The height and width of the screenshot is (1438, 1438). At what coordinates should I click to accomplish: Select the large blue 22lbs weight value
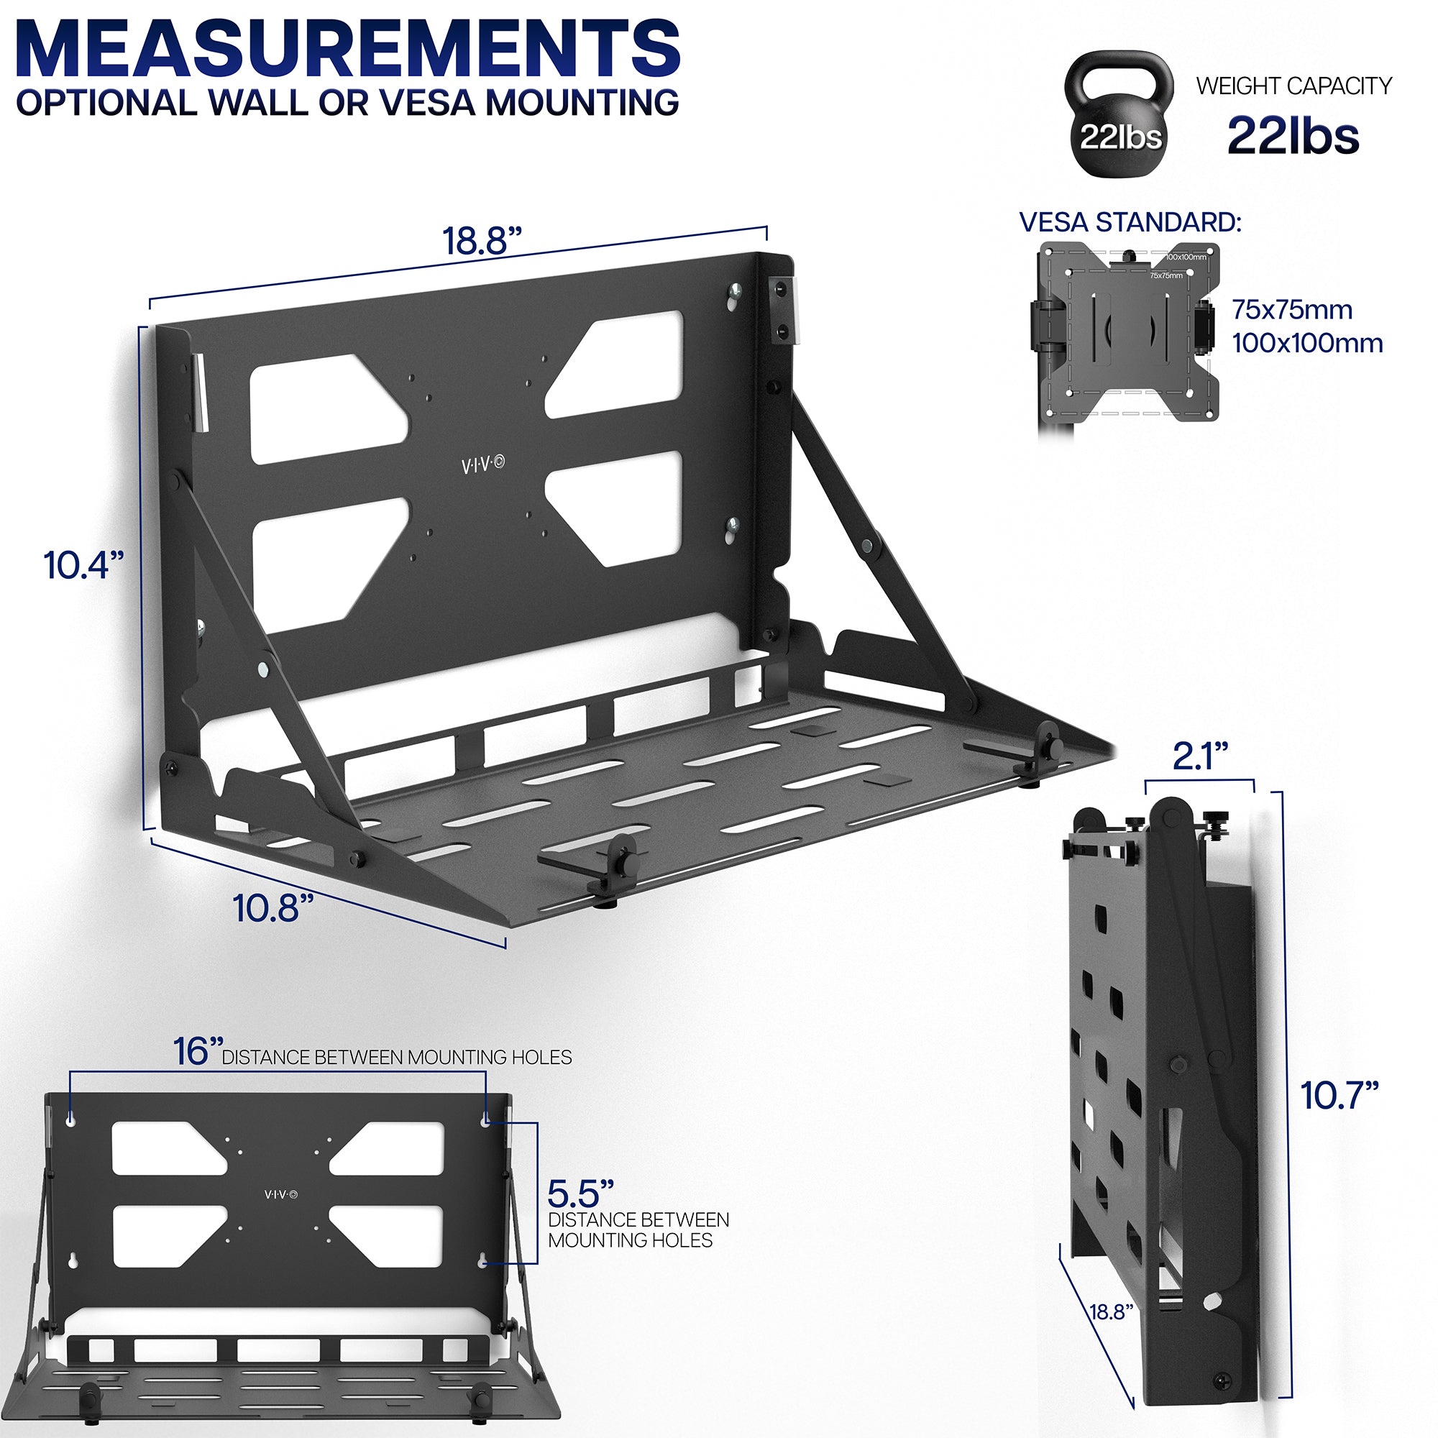click(x=1293, y=135)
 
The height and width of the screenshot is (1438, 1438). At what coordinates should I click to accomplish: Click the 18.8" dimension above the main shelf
click(x=482, y=240)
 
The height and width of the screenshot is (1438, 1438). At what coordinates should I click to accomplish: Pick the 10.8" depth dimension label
click(x=273, y=908)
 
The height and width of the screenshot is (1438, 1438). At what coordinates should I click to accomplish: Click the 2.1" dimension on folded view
click(x=1200, y=757)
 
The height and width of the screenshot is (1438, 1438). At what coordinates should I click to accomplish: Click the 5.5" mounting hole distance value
click(x=580, y=1194)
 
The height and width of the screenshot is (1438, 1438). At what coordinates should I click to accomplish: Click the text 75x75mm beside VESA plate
click(x=1291, y=310)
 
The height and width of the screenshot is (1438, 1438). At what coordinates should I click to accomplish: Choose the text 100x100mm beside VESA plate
click(x=1307, y=343)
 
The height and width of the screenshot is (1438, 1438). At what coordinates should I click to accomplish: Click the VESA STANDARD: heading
click(x=1130, y=221)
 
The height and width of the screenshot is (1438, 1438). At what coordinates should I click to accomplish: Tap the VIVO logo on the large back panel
click(x=482, y=465)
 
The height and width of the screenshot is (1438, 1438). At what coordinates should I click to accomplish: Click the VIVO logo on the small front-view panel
click(x=280, y=1194)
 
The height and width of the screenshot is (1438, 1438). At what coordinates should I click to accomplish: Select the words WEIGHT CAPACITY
click(x=1293, y=86)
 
